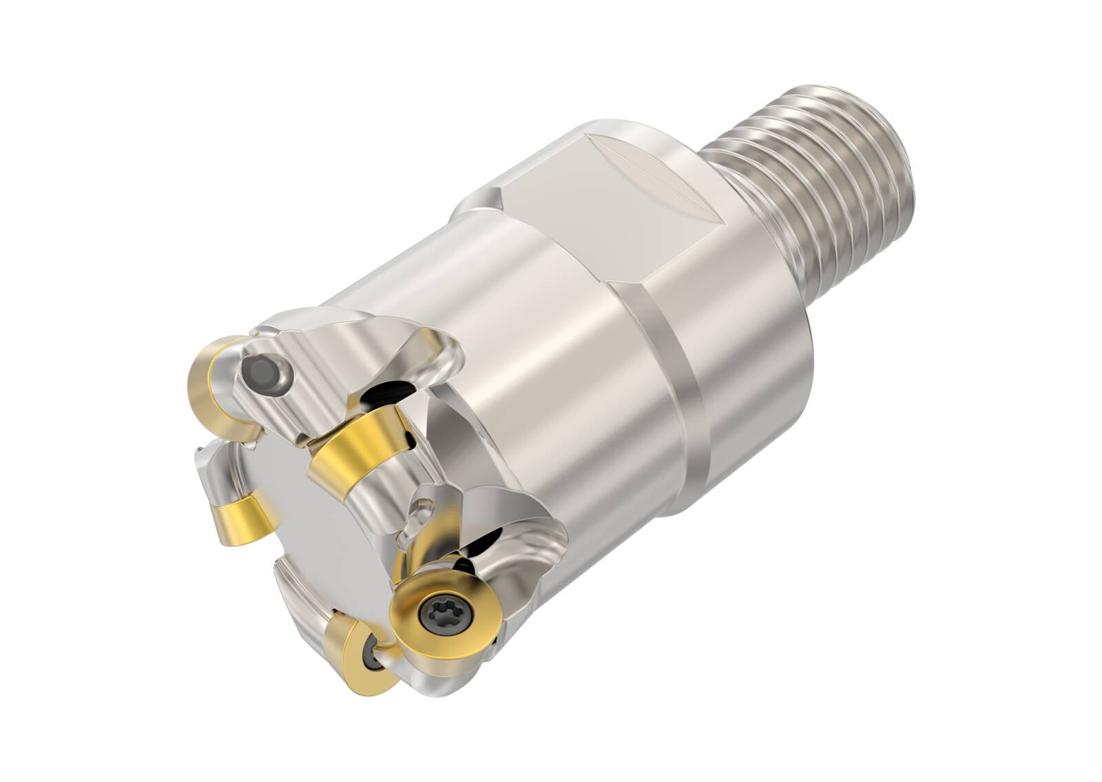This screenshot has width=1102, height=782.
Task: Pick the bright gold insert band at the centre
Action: point(358,444)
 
